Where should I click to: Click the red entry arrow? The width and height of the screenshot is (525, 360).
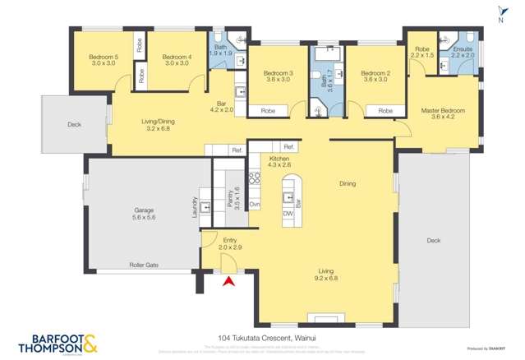click(229, 281)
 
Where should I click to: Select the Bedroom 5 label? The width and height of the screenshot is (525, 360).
click(104, 60)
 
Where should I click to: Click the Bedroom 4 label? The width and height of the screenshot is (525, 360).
click(177, 60)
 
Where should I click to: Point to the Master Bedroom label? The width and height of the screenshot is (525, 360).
click(443, 114)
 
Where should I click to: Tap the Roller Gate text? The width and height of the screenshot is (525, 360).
click(143, 265)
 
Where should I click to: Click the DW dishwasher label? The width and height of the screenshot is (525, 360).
click(288, 214)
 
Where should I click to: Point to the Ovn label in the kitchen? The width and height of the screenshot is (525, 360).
click(255, 203)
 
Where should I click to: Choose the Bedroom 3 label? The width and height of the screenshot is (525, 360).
click(278, 76)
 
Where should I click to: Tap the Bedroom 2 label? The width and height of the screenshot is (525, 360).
click(375, 76)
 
